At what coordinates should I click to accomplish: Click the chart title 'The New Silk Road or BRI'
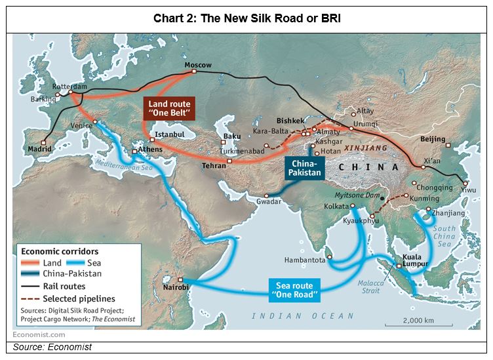click(246, 18)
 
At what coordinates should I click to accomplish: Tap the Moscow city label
click(198, 65)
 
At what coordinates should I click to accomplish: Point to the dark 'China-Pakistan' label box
click(305, 168)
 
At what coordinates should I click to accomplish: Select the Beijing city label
click(432, 139)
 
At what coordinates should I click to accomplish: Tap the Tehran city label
click(214, 167)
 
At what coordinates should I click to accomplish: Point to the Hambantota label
click(304, 260)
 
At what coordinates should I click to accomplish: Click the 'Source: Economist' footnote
click(53, 347)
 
